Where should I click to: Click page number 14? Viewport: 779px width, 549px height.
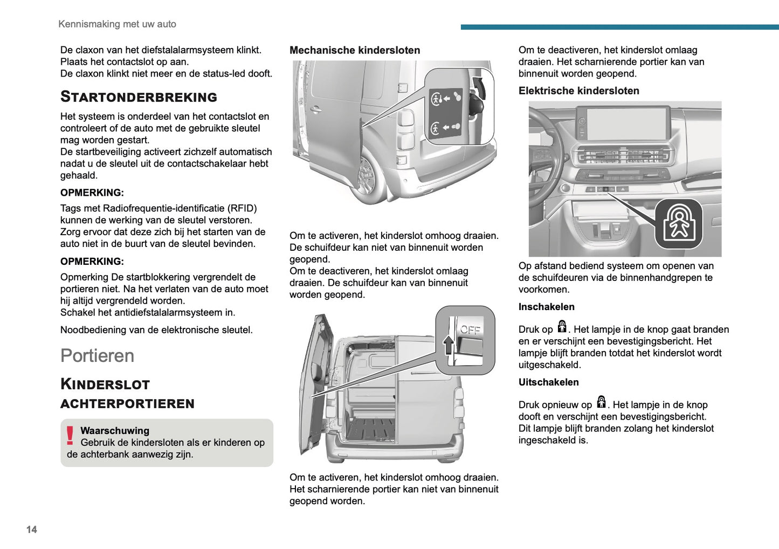coord(32,530)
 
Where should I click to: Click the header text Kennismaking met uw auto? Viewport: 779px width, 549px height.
coord(117,24)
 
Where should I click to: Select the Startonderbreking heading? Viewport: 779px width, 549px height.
coord(139,97)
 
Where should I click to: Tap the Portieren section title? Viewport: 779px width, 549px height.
coord(97,356)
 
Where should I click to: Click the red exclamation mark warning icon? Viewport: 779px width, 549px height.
coord(70,436)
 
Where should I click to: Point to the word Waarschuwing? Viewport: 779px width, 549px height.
coord(115,430)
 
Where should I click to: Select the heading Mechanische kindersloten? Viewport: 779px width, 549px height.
coord(355,50)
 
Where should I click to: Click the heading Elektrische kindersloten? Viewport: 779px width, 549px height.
coord(578,91)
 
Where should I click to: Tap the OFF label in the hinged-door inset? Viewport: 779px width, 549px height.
coord(470,330)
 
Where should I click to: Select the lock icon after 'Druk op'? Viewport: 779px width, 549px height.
coord(562,327)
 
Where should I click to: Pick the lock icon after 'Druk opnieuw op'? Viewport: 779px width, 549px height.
coord(601,402)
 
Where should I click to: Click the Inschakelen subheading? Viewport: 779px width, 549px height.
coord(546,307)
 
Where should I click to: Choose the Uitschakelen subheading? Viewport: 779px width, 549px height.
coord(548,382)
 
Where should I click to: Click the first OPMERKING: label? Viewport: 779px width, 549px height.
coord(92,193)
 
